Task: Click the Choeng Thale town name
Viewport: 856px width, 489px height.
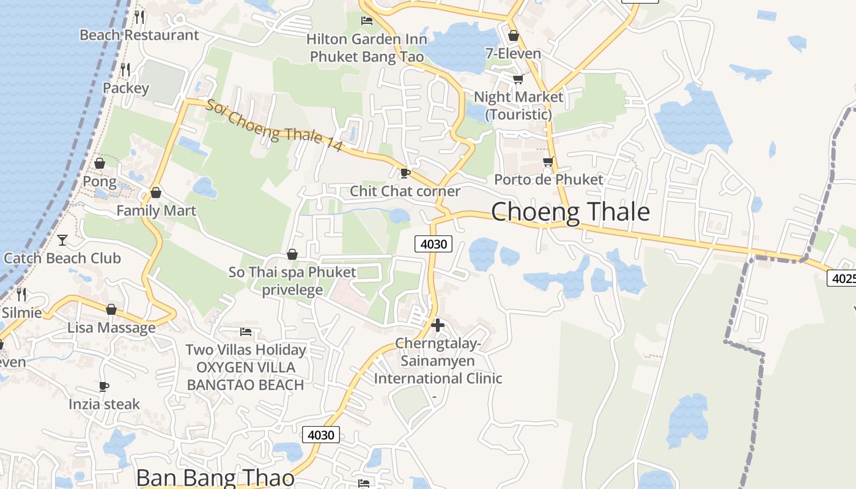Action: click(570, 212)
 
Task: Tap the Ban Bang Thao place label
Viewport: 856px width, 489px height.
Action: click(215, 477)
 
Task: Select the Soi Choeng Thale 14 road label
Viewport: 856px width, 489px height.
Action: click(273, 130)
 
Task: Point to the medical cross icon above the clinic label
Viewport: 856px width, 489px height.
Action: click(438, 325)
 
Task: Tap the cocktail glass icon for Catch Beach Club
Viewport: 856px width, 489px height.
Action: click(62, 240)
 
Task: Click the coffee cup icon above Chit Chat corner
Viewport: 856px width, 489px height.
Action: click(404, 173)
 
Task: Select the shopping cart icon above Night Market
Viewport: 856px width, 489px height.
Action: click(518, 79)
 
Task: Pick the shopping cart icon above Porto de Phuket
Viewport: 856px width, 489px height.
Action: click(548, 161)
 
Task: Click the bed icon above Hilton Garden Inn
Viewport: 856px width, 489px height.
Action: click(367, 21)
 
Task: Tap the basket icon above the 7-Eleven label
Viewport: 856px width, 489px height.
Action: click(513, 35)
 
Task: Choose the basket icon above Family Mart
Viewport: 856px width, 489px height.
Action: click(156, 193)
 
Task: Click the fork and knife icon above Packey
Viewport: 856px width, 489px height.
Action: click(125, 70)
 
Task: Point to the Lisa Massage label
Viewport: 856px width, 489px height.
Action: click(111, 328)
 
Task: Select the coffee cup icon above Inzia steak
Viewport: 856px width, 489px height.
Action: click(104, 386)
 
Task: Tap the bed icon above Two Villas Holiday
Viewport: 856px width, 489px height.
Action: click(246, 332)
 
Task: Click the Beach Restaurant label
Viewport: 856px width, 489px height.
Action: click(139, 35)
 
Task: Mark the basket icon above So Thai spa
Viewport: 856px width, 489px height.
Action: click(292, 254)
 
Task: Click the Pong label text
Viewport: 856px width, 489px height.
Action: click(100, 182)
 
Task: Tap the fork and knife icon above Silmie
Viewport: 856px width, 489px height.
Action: click(21, 295)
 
